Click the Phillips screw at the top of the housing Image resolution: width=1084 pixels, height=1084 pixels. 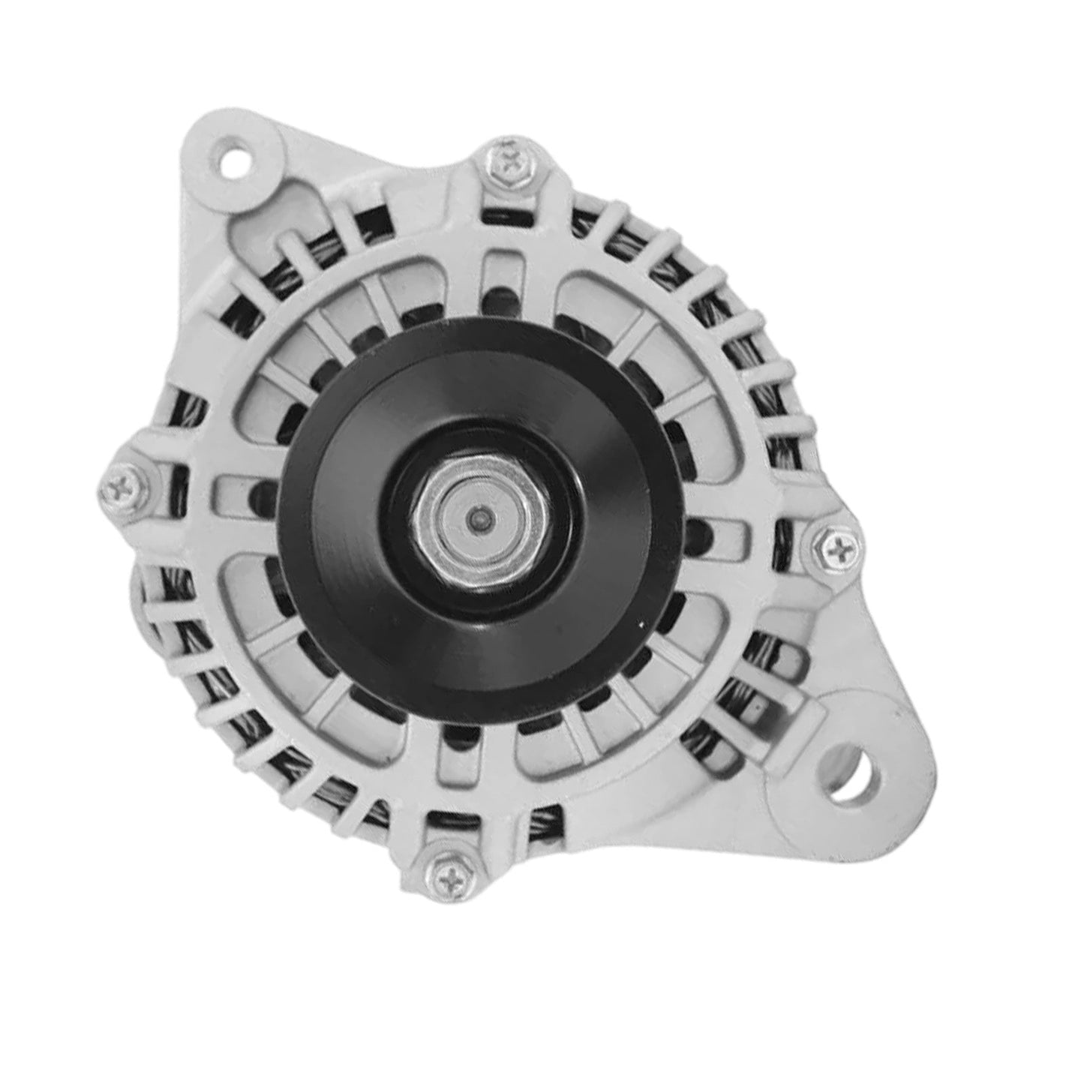pyautogui.click(x=512, y=161)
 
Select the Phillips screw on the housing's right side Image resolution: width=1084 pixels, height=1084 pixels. pyautogui.click(x=833, y=549)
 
